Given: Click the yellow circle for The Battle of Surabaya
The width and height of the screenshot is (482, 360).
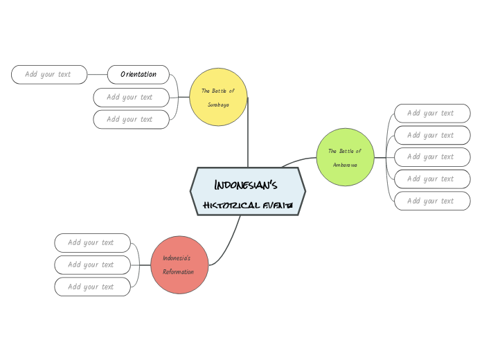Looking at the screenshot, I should tap(218, 97).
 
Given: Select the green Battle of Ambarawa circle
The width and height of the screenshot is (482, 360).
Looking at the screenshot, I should tap(345, 157).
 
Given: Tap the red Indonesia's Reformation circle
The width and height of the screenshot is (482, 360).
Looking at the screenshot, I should tap(179, 264).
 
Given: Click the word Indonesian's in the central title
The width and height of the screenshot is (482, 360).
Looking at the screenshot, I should tap(246, 185).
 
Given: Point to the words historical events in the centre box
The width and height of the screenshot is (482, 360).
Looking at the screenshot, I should tap(248, 206).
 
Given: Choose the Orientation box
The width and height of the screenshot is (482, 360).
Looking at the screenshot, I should tap(139, 74).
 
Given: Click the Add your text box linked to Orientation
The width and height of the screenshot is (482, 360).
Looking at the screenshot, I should tap(49, 74).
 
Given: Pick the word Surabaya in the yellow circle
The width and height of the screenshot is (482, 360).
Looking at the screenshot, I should tap(218, 105).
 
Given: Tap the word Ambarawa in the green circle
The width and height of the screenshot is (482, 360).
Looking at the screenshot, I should tap(345, 165).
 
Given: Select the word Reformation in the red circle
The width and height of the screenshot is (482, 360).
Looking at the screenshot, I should tap(178, 272).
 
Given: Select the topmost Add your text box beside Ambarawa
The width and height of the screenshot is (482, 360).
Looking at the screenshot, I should tap(432, 113).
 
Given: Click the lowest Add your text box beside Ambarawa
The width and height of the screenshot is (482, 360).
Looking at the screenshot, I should tap(432, 201).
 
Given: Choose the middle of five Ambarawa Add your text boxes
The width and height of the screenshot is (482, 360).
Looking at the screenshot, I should tap(432, 156).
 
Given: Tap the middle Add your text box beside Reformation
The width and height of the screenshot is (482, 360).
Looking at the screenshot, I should tap(92, 264).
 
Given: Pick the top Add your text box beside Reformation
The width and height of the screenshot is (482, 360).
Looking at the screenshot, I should tap(92, 242).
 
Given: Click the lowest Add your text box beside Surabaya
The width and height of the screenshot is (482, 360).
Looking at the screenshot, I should tap(131, 119).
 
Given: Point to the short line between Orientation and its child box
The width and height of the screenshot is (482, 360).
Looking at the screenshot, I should tap(98, 74).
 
